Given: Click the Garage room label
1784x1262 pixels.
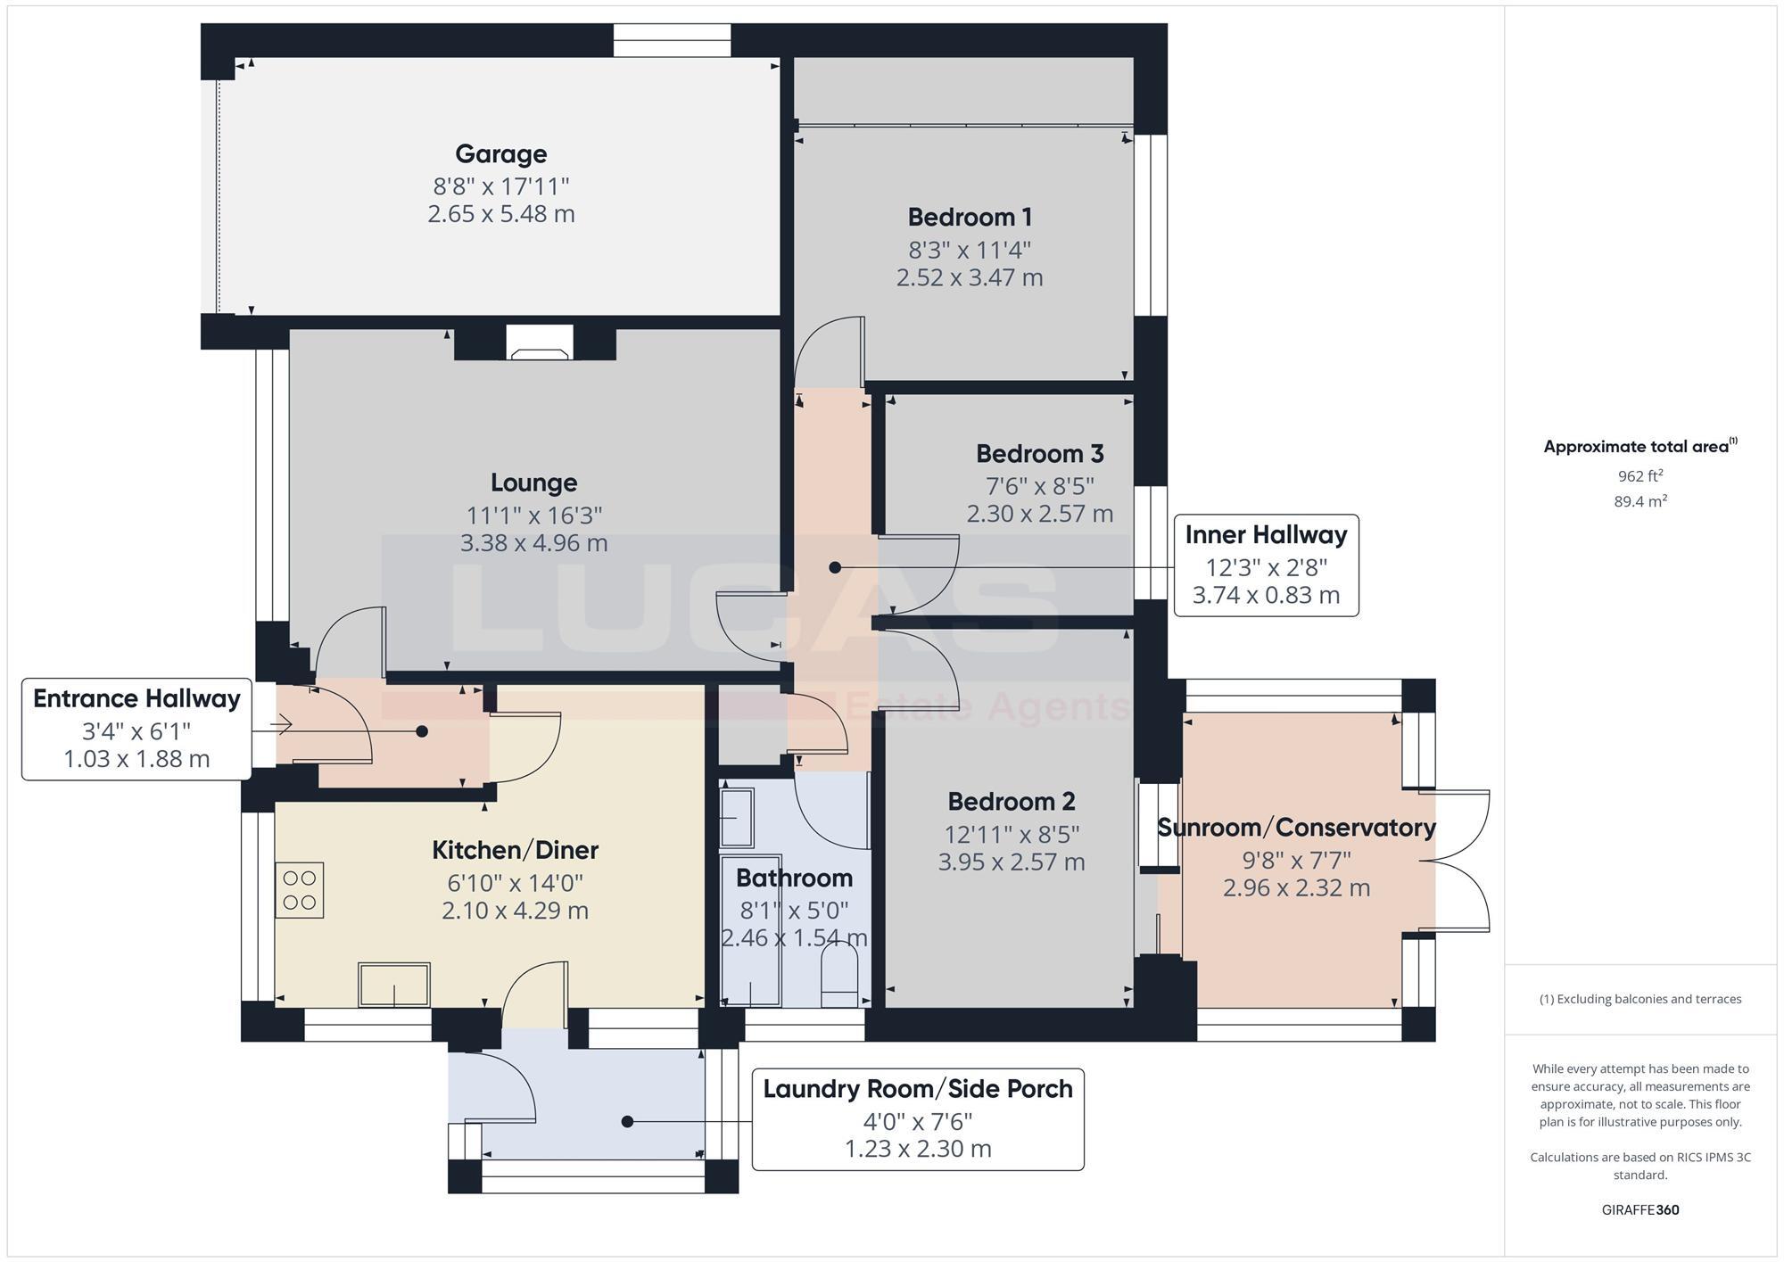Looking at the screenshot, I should point(500,153).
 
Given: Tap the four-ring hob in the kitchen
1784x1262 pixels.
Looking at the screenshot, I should point(300,890).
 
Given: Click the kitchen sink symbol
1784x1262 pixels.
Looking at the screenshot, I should point(393,985).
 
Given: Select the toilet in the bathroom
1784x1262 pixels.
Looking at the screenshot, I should point(838,976).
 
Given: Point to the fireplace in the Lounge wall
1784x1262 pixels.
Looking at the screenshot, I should point(539,343).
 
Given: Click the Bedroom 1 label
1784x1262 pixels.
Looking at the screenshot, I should point(970,217).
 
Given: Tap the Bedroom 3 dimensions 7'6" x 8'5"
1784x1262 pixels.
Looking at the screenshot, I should point(1040,486).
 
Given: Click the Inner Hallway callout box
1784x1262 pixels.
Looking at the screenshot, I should point(1266,565).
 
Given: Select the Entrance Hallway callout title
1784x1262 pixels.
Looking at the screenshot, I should point(136,698).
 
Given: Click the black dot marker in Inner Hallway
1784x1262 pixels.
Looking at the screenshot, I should point(835,567).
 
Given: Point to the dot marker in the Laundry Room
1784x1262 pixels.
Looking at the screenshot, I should point(627,1122).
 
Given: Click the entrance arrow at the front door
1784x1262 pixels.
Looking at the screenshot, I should point(283,724).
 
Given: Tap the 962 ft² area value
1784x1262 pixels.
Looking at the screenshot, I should point(1639,475).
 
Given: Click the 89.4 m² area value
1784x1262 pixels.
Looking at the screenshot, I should point(1639,501).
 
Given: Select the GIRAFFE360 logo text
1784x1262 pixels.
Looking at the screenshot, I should point(1639,1210).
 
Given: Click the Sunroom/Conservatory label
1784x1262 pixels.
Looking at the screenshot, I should point(1296,828).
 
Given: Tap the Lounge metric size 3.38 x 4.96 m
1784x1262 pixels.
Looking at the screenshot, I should point(533,543).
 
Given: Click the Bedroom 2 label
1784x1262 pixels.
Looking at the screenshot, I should point(1011,802).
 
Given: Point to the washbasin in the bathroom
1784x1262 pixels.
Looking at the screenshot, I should point(737,818).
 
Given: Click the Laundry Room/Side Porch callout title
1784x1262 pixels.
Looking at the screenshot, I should point(918,1089).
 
